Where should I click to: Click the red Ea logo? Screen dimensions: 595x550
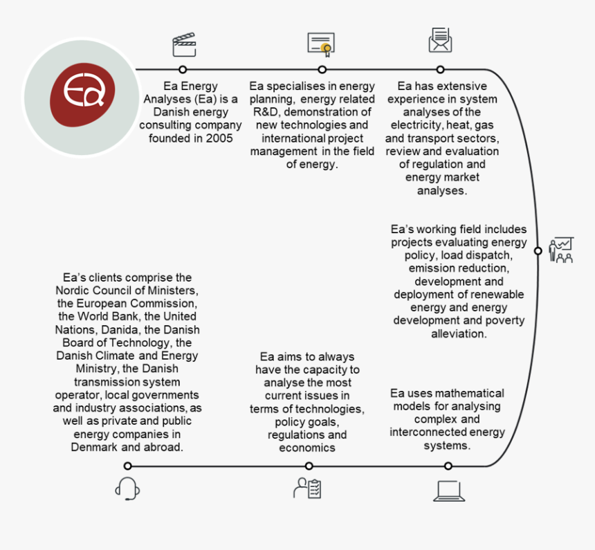pos(82,95)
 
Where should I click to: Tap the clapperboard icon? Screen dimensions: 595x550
pos(184,45)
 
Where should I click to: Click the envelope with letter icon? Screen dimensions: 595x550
pos(440,39)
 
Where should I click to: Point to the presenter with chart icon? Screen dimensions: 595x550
pos(561,250)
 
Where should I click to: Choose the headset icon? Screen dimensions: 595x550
pos(127,489)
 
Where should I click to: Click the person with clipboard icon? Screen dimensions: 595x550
pos(307,488)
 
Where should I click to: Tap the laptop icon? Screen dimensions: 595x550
pos(449,491)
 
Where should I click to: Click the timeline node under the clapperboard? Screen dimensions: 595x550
pos(183,69)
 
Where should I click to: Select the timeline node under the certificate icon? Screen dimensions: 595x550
pos(322,69)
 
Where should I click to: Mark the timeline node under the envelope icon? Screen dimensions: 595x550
pos(440,69)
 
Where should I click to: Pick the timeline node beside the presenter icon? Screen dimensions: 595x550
pos(538,251)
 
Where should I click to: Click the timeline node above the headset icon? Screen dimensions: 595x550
pos(127,466)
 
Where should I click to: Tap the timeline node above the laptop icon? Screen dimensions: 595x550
pos(448,466)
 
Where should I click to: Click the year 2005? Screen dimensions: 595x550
pos(219,138)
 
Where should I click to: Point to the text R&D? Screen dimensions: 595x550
pos(267,112)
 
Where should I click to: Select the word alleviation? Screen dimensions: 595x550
pos(459,333)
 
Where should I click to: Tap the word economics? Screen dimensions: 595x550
pos(307,448)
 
